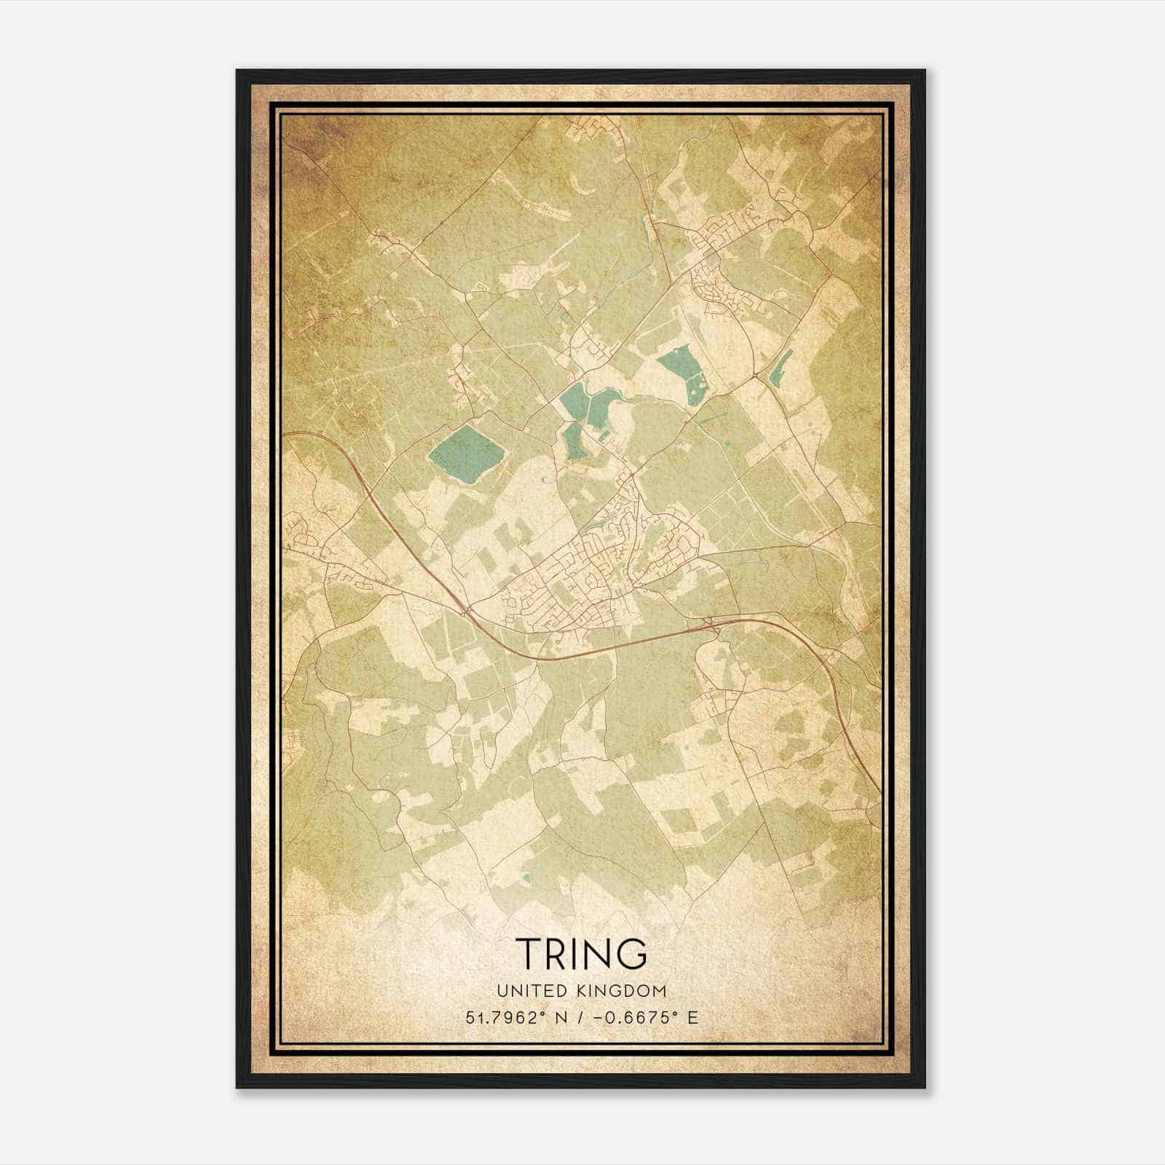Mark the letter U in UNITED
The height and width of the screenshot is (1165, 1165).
point(501,990)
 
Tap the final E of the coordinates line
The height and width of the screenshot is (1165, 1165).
point(692,1017)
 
